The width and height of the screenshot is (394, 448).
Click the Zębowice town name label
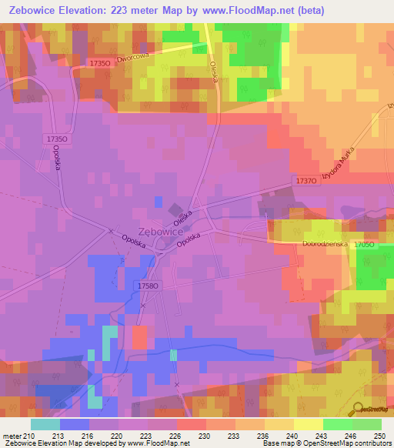click(x=160, y=231)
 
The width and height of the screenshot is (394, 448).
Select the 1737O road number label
click(x=306, y=180)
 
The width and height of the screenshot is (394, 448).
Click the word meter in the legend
click(x=10, y=435)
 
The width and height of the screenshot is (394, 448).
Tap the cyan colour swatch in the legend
click(x=45, y=424)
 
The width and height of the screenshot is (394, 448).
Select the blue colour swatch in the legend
click(x=75, y=424)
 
